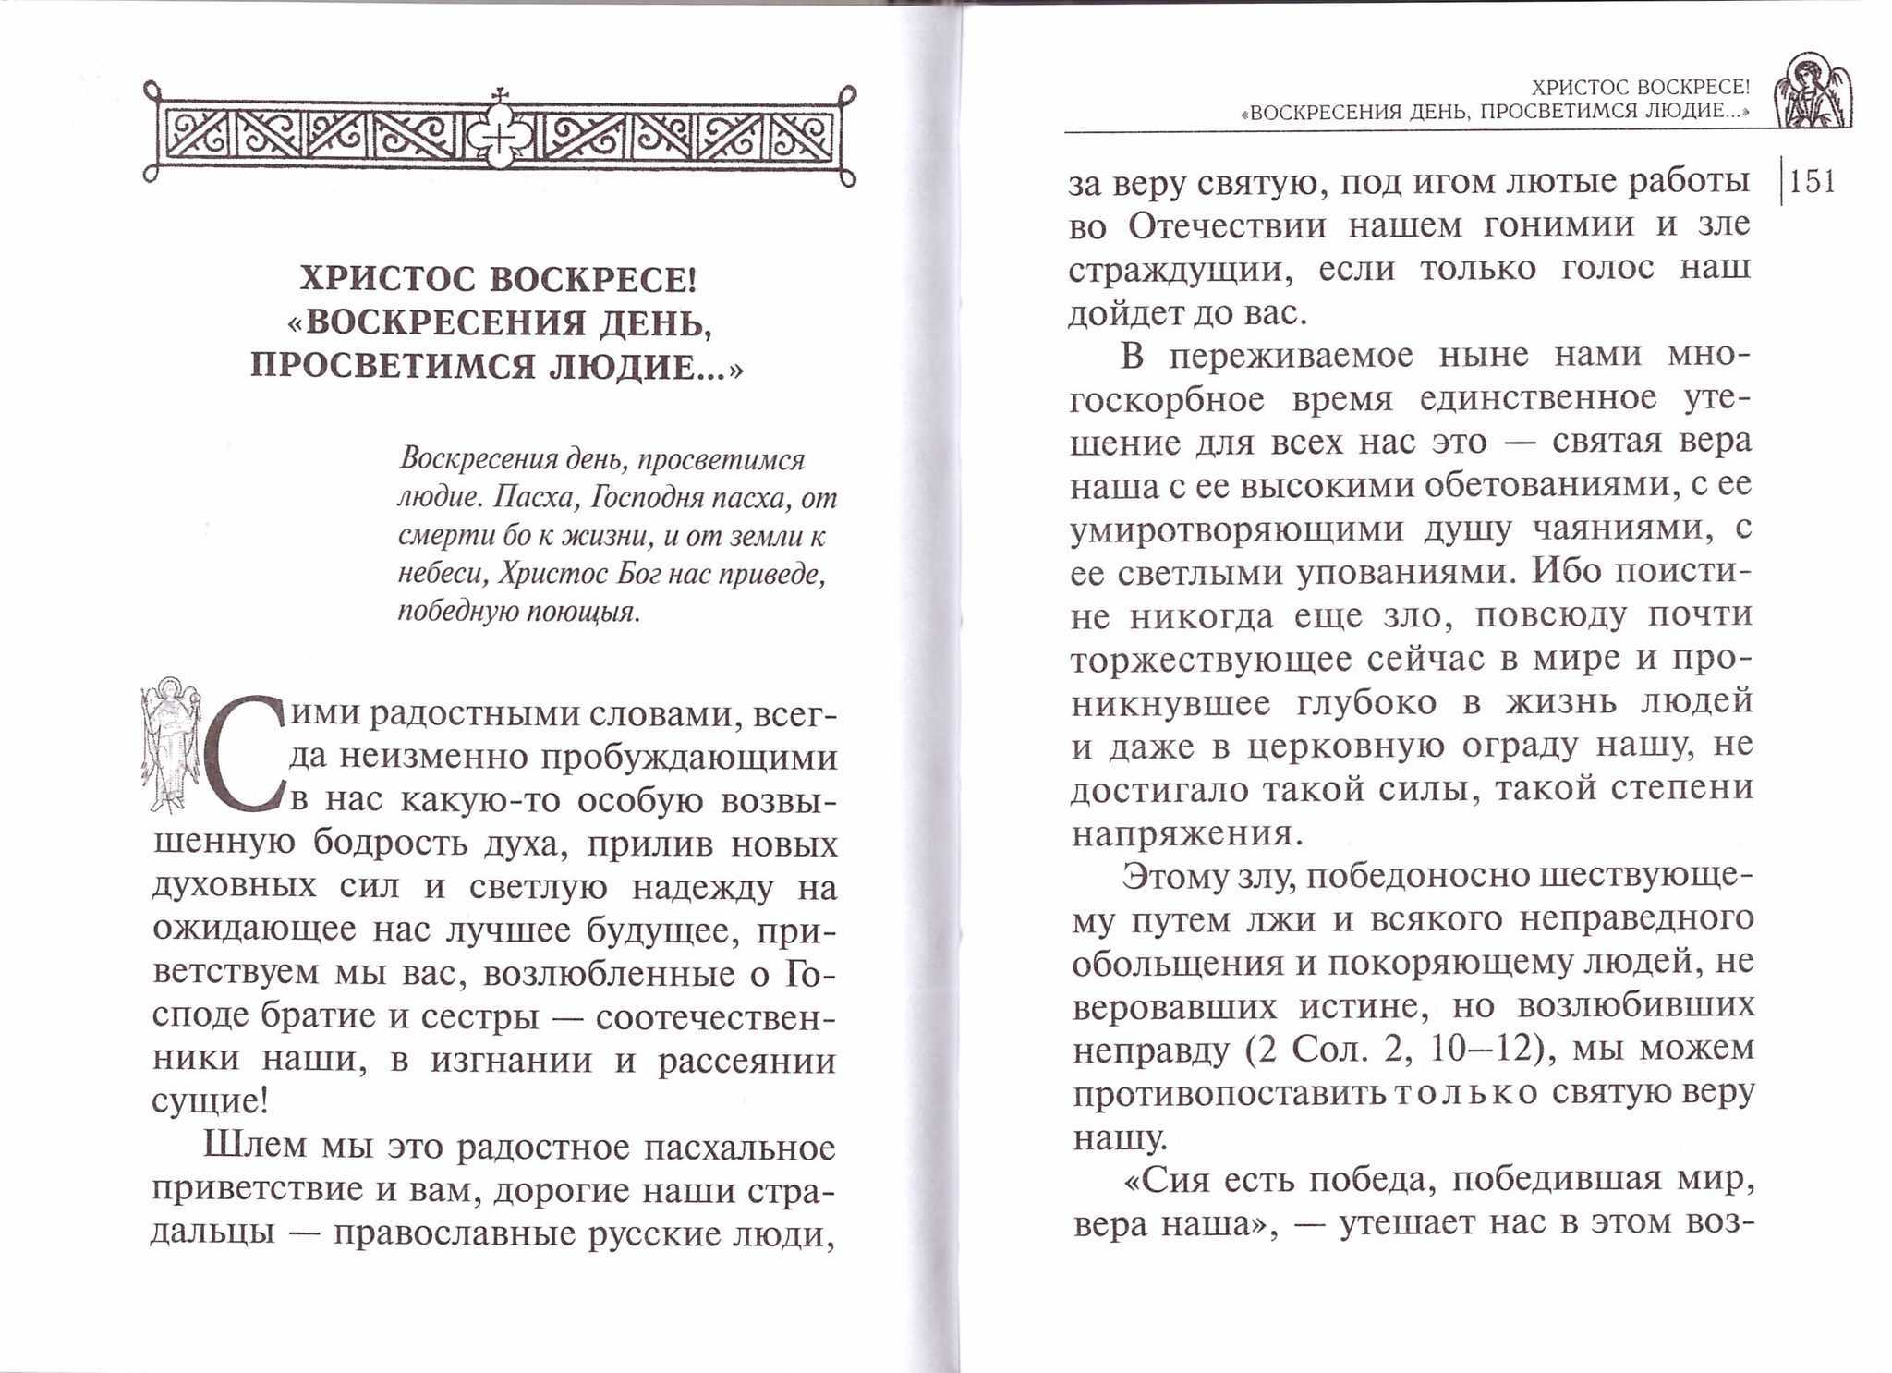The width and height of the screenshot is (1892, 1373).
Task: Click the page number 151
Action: coord(1813,182)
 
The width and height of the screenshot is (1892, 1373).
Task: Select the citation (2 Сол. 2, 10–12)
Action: coord(1399,1050)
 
